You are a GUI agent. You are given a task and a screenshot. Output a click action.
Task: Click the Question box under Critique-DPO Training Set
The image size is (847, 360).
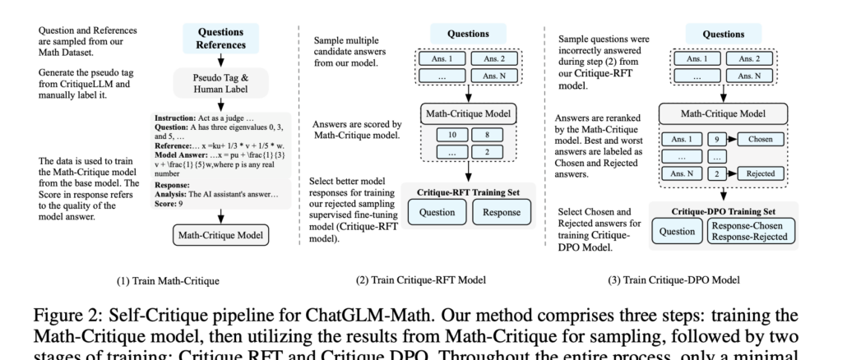[676, 231]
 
